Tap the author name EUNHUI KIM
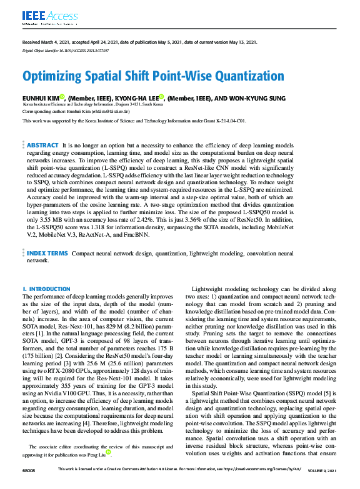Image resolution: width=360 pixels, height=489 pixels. pyautogui.click(x=41, y=98)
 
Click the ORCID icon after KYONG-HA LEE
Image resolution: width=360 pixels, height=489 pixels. pyautogui.click(x=161, y=97)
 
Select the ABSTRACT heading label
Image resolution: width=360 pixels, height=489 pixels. pyautogui.click(x=42, y=144)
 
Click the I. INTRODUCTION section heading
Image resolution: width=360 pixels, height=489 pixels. pyautogui.click(x=46, y=289)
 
